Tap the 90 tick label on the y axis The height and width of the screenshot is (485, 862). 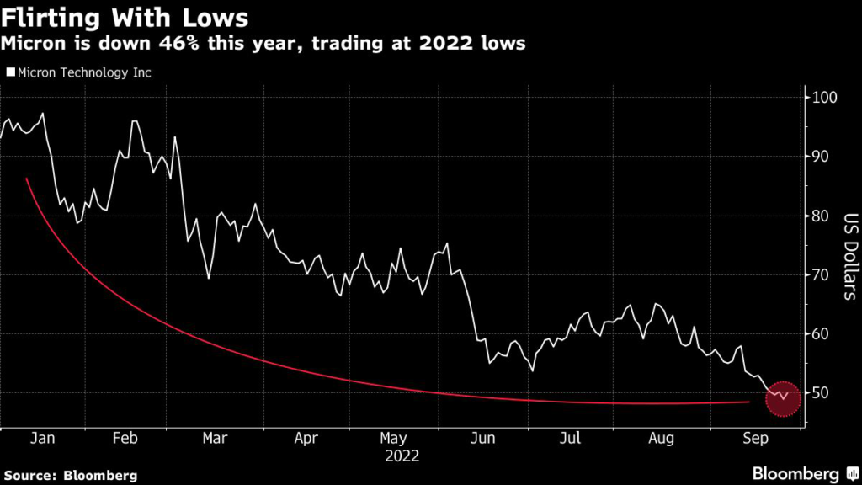pos(820,157)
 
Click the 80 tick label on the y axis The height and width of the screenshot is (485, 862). pos(820,216)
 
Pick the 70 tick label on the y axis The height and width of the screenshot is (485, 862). pos(820,275)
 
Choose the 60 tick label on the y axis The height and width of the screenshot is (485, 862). pos(820,334)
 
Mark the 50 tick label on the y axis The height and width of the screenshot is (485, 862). pos(820,393)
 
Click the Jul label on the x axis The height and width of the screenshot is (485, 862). pos(572,438)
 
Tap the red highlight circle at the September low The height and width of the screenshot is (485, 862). pos(784,397)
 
